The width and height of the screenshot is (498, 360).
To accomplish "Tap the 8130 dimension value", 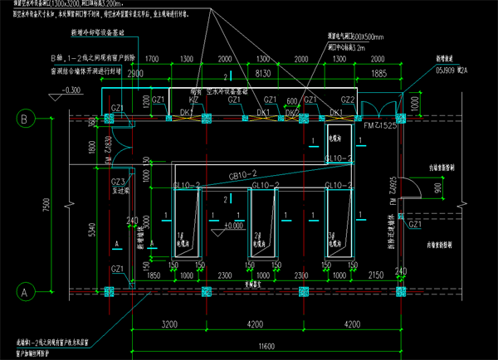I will tap(263, 74).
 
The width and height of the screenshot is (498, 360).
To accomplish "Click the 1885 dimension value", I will tap(378, 74).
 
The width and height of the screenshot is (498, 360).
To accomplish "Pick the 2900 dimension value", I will tap(136, 74).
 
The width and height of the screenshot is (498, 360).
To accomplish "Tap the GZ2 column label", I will tap(348, 100).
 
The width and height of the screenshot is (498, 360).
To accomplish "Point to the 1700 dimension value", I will tap(151, 61).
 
